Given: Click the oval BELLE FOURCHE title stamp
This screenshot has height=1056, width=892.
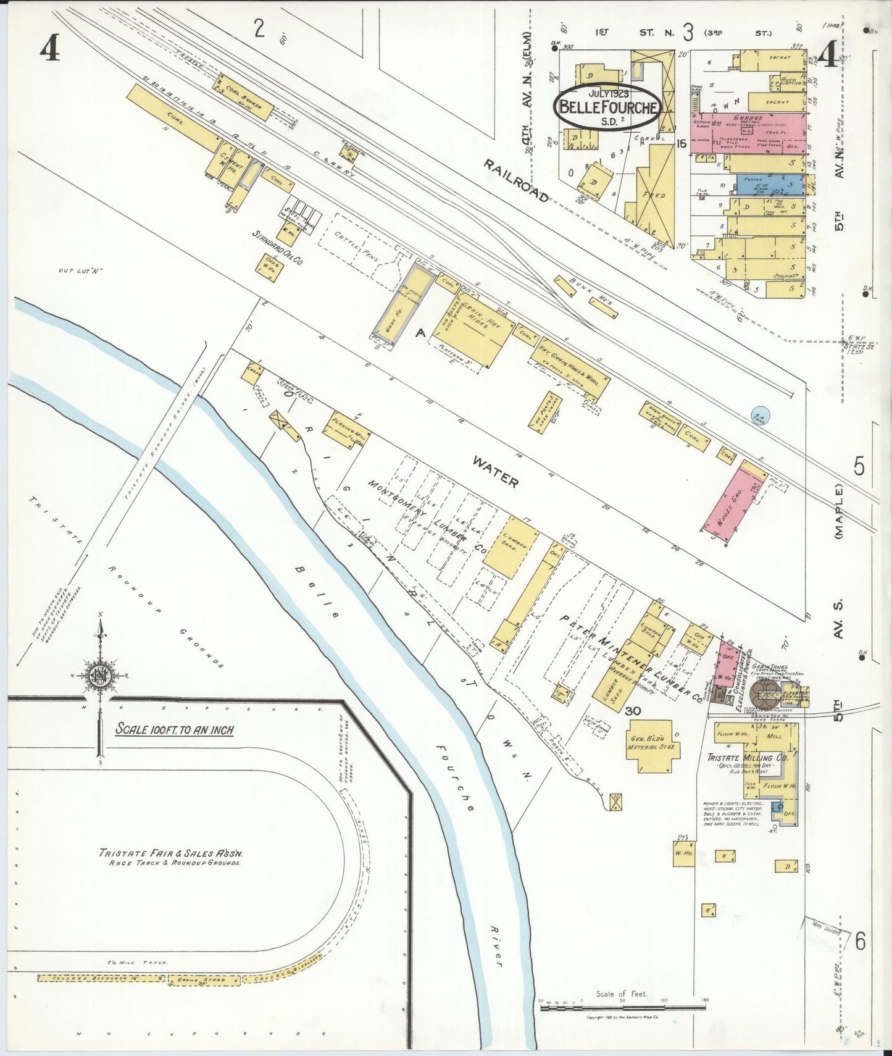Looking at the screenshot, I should pyautogui.click(x=608, y=106).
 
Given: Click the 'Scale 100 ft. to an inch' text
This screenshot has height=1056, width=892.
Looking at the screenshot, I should pyautogui.click(x=175, y=729).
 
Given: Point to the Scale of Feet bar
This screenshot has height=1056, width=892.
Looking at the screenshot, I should pyautogui.click(x=622, y=1007).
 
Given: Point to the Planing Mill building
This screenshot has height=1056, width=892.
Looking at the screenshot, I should pyautogui.click(x=347, y=429).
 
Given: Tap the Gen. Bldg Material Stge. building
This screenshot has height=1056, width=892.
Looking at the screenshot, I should pyautogui.click(x=653, y=747).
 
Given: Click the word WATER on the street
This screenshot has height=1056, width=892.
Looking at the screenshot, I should pyautogui.click(x=495, y=479).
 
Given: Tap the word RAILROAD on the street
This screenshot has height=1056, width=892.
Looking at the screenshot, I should pyautogui.click(x=515, y=180).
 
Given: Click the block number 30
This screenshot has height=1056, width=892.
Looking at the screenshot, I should pyautogui.click(x=632, y=711).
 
